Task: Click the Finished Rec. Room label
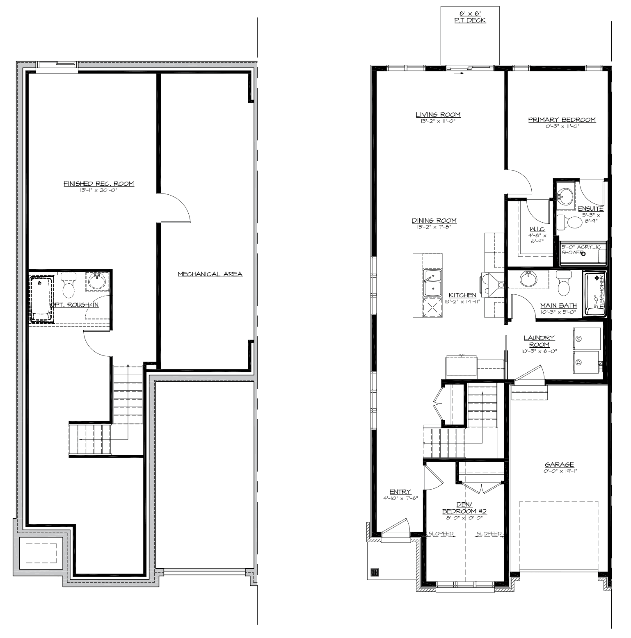[x=99, y=184]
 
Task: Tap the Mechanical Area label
[x=210, y=274]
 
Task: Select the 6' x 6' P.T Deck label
[x=470, y=17]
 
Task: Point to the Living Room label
[x=438, y=115]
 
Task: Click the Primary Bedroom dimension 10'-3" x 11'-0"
[x=562, y=126]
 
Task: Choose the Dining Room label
[x=434, y=221]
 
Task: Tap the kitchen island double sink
[x=432, y=283]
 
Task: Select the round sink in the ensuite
[x=567, y=196]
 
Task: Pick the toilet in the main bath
[x=564, y=283]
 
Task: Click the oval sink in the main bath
[x=528, y=279]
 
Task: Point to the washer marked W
[x=586, y=338]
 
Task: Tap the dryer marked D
[x=586, y=362]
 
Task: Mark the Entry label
[x=400, y=492]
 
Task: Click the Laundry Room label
[x=539, y=341]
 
